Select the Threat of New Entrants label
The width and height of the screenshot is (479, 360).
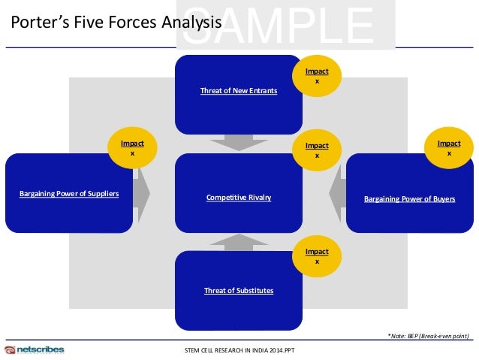click(x=239, y=91)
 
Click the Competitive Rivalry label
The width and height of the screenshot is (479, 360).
click(x=239, y=198)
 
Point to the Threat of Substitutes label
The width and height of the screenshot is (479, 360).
click(x=239, y=290)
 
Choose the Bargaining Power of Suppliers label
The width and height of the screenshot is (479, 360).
click(x=69, y=194)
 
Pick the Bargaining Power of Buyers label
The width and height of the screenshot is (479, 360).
click(x=409, y=199)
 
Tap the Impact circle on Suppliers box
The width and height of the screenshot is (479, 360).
click(x=133, y=147)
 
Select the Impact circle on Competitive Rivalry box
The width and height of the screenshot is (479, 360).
click(x=316, y=150)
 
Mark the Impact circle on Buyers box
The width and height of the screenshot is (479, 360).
click(x=449, y=147)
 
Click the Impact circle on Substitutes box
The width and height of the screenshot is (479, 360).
click(x=316, y=256)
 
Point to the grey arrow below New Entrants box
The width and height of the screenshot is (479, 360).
click(x=239, y=142)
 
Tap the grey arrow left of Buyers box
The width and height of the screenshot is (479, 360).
click(x=336, y=193)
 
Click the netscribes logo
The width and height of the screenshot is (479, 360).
click(x=35, y=349)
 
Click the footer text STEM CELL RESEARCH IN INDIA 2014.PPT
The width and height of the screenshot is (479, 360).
click(x=239, y=351)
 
